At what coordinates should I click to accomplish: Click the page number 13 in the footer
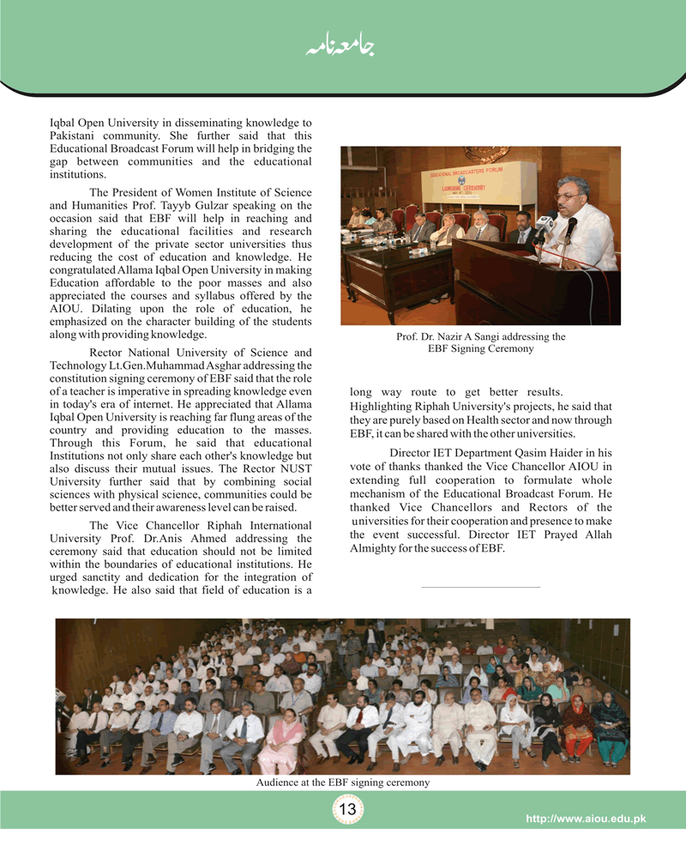(348, 809)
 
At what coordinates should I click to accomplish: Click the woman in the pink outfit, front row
(283, 740)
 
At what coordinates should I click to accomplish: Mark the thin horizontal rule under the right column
(480, 587)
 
